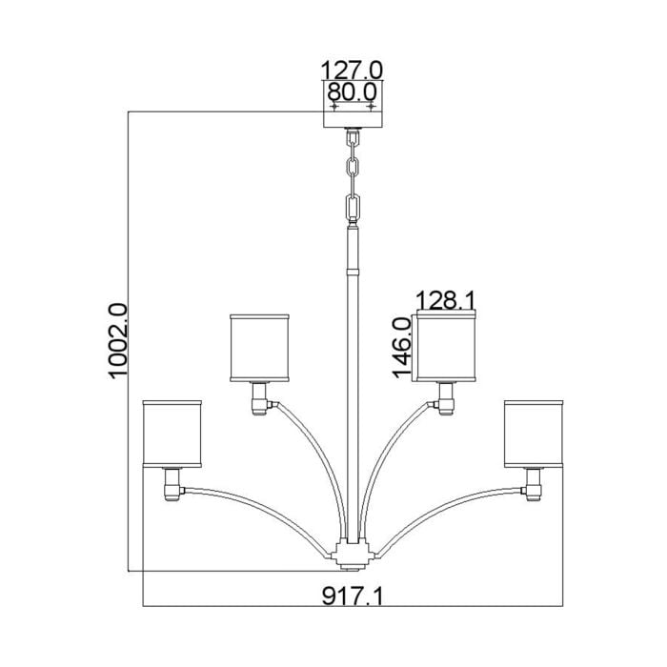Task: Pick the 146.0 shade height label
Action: (x=400, y=347)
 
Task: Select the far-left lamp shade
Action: (x=172, y=434)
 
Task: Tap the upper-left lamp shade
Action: (x=260, y=346)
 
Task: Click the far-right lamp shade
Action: (x=533, y=434)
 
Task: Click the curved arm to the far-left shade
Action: (x=257, y=505)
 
